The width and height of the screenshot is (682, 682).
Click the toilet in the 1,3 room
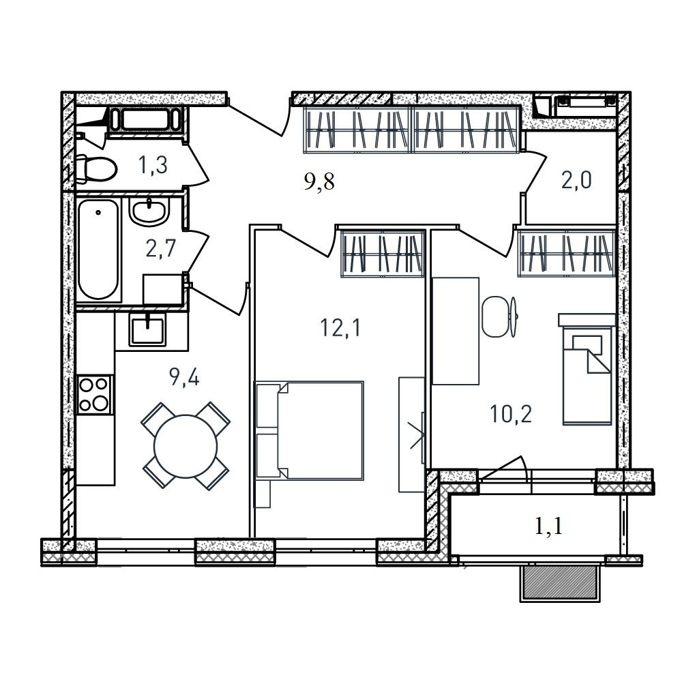click(x=95, y=168)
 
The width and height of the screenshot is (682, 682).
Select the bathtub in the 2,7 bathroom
click(x=99, y=249)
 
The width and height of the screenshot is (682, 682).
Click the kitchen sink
click(x=147, y=329)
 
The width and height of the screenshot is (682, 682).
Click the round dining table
click(x=186, y=445)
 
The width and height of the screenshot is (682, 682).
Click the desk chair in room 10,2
click(x=499, y=317)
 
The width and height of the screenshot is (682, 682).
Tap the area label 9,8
click(x=319, y=181)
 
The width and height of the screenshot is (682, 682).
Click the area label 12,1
click(x=340, y=327)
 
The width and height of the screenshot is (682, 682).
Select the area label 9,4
click(x=184, y=377)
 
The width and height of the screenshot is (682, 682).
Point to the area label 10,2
click(x=511, y=414)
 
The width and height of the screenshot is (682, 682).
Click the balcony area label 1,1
click(x=548, y=526)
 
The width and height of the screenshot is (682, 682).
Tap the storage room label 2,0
click(x=576, y=180)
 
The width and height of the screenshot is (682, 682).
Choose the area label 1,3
click(x=153, y=165)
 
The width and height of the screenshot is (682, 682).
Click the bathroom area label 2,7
click(x=160, y=249)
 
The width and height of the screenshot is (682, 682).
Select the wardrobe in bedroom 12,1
click(x=383, y=254)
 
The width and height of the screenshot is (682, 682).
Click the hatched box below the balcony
click(x=560, y=583)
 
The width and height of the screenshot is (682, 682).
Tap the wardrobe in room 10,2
click(x=566, y=254)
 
